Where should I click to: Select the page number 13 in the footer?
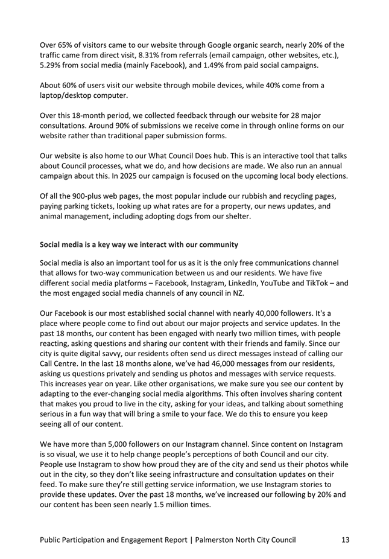pos(344,539)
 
